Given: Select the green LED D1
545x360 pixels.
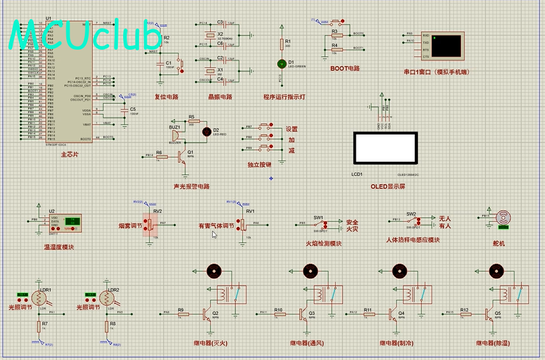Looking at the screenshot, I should [x=281, y=64].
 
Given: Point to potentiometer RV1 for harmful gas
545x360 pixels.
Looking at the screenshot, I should [x=242, y=224].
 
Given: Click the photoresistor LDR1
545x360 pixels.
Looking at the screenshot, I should [x=41, y=298].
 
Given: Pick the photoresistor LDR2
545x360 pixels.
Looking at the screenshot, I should [x=107, y=298].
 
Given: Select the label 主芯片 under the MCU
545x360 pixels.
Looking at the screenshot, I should [x=69, y=154].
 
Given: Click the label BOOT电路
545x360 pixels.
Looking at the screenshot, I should [x=345, y=68].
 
